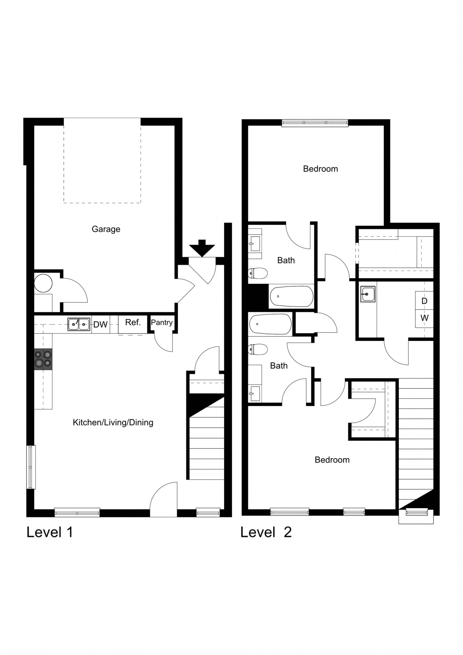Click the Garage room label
[x=106, y=229]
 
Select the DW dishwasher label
[x=100, y=325]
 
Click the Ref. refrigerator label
[x=133, y=322]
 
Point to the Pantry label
[x=162, y=322]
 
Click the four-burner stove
[x=43, y=359]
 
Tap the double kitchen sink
[x=79, y=325]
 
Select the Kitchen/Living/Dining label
[x=113, y=422]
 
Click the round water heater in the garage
[x=43, y=283]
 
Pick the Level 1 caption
[x=50, y=532]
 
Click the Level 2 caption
[x=266, y=532]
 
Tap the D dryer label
[x=424, y=301]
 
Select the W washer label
[x=425, y=318]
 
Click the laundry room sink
[x=368, y=294]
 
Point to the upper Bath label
[x=286, y=260]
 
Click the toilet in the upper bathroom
[x=258, y=273]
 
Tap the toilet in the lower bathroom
[x=258, y=350]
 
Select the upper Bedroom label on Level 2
[x=320, y=169]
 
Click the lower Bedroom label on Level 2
[x=332, y=460]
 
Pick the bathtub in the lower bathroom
[x=270, y=324]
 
